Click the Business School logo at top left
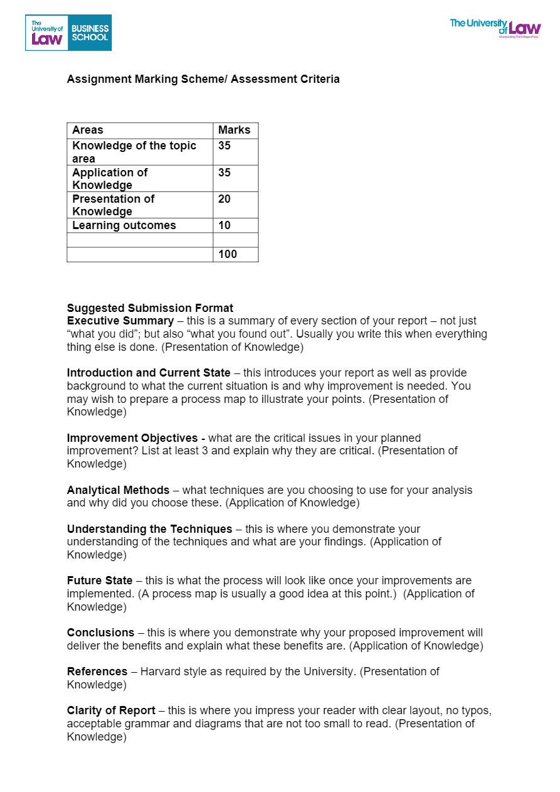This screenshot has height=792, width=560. [68, 33]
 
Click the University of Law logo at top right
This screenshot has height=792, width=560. [495, 28]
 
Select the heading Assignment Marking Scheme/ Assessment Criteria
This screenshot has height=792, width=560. [203, 79]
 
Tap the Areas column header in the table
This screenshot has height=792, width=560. [88, 131]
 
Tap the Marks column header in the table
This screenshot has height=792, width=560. [234, 131]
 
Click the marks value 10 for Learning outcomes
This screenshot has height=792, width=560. [225, 225]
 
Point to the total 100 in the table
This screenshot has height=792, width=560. [228, 254]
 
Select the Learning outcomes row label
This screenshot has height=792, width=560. [124, 225]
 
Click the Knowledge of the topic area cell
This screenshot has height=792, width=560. [134, 152]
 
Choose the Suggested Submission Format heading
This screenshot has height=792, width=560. [150, 308]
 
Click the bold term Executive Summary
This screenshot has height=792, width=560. [121, 321]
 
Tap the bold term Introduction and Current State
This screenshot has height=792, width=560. [149, 373]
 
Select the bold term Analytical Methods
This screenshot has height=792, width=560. [118, 490]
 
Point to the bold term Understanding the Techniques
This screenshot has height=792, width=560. [149, 529]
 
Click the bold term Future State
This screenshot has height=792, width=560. [100, 581]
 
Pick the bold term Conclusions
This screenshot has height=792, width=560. [100, 633]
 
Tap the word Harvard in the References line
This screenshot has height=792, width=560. [160, 672]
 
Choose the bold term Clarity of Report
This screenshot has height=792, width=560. [111, 710]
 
